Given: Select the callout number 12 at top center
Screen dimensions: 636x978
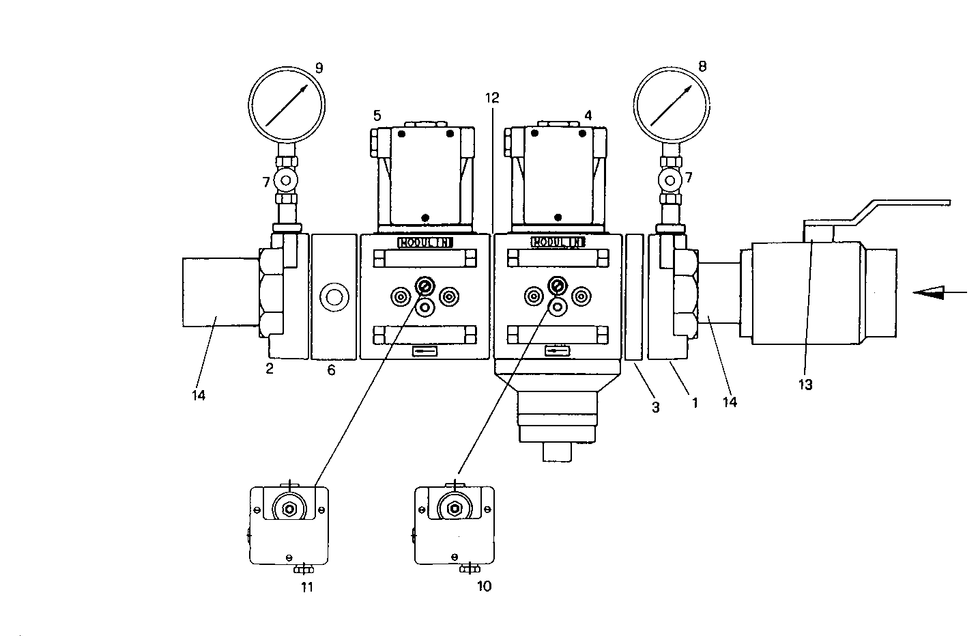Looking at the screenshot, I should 492,98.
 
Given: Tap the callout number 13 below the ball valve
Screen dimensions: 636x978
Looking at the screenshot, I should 805,385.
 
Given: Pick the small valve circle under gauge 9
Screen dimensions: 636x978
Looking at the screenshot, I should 285,180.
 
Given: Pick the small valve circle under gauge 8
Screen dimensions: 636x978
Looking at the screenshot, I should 670,180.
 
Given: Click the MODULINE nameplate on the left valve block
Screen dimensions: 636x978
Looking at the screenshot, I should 425,243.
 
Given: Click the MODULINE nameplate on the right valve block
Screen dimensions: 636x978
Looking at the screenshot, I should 558,243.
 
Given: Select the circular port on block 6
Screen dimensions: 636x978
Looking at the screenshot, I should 334,297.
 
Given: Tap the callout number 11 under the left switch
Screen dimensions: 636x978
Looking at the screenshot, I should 307,587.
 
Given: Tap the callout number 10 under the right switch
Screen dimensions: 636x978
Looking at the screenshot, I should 483,586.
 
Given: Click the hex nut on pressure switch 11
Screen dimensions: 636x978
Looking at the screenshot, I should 290,508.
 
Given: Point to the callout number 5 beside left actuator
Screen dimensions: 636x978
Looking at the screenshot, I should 377,115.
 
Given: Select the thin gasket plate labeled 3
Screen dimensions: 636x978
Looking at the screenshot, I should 634,296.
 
